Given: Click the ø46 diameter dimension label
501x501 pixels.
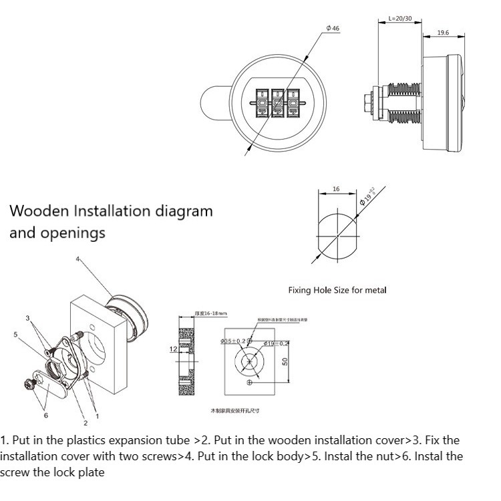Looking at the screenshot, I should tap(333, 29).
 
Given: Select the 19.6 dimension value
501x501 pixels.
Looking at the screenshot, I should tap(443, 32).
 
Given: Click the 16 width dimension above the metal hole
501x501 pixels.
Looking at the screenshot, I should tap(336, 189).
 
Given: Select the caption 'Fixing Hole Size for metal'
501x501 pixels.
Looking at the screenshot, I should tap(337, 290).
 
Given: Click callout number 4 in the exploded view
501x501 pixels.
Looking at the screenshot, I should tap(77, 259).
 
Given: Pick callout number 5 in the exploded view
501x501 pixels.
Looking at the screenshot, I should tap(15, 333).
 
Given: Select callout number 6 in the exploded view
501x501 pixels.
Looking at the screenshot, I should tap(45, 415).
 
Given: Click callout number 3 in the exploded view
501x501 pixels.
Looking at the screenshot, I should tap(27, 318).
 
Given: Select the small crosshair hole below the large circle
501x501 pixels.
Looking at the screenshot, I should tap(250, 382).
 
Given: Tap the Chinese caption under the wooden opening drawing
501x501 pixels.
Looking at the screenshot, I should tap(235, 409).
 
